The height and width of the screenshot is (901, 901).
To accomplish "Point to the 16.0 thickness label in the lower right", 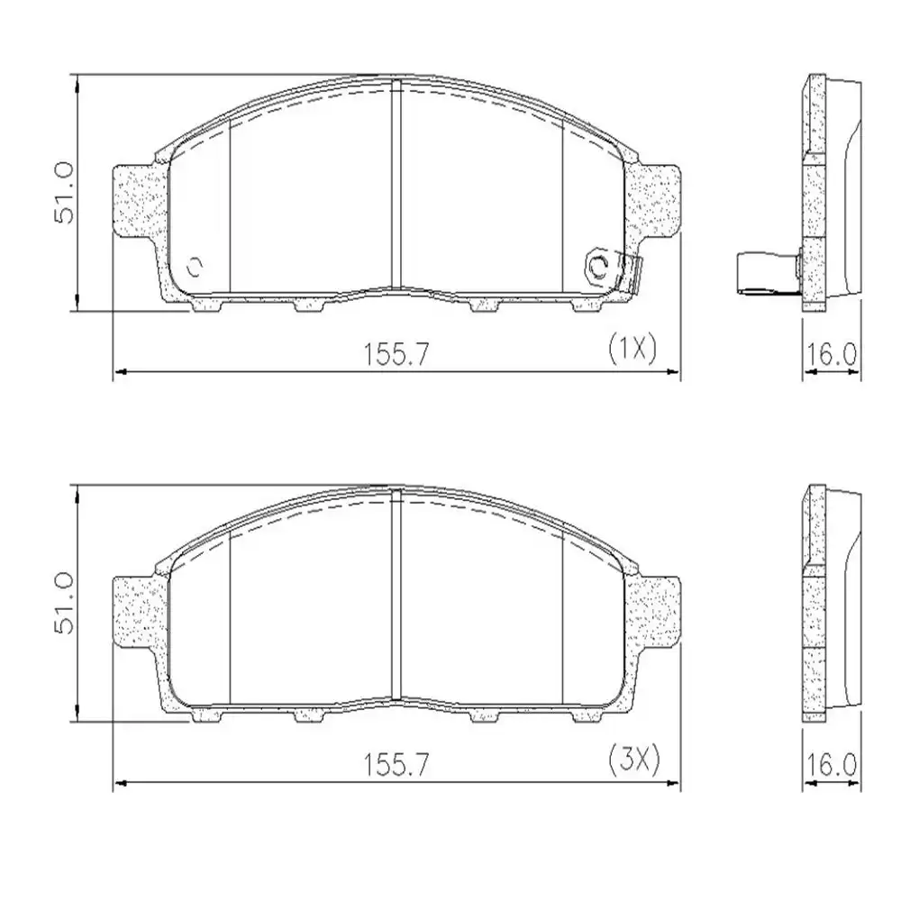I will [x=831, y=767].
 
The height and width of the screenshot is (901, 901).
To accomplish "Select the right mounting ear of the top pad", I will [x=655, y=200].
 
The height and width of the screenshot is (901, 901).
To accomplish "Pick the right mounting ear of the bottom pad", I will [x=655, y=612].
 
